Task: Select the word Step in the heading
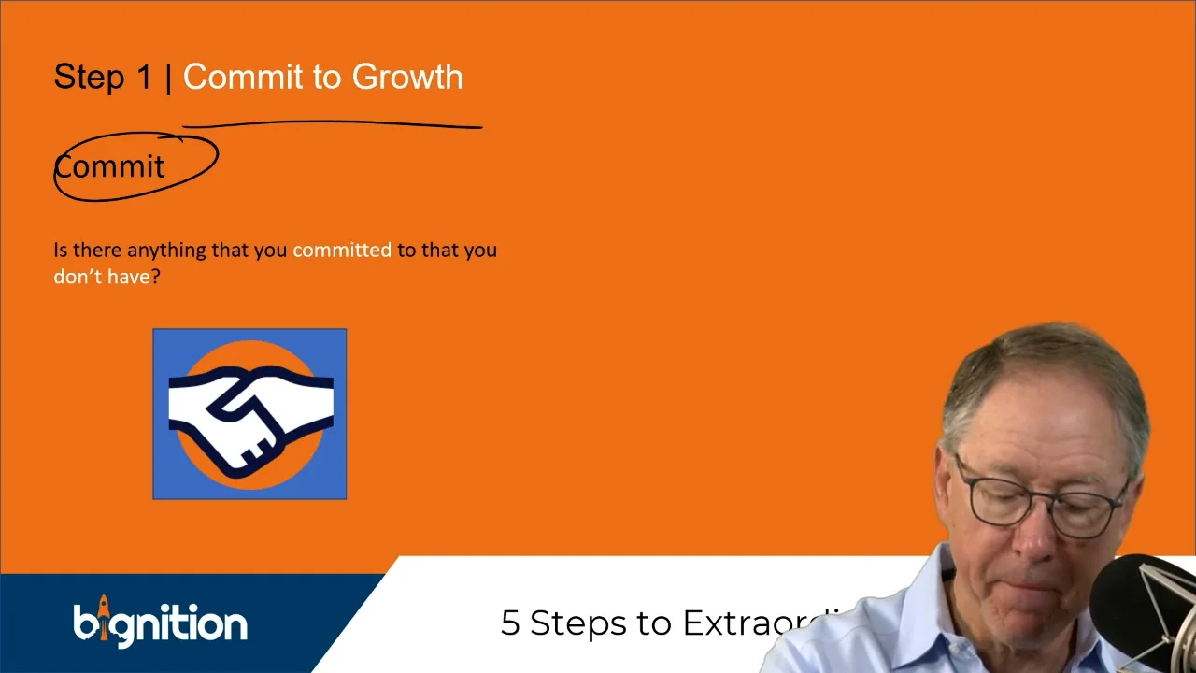(89, 78)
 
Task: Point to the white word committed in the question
(342, 251)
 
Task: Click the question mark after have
(155, 277)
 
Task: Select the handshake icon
(249, 413)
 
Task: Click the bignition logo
(160, 623)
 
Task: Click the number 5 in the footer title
(510, 623)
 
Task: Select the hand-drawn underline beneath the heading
(332, 123)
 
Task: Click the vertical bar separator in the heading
(168, 78)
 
